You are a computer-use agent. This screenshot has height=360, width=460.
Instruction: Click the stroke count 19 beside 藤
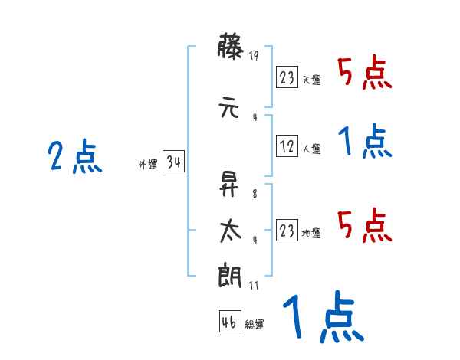[254, 56]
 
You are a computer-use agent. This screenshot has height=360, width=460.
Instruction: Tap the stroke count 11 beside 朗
[254, 285]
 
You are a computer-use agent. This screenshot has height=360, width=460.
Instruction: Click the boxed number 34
[173, 162]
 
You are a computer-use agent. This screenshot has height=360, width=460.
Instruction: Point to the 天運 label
[311, 80]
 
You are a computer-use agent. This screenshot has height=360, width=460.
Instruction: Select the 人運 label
[311, 149]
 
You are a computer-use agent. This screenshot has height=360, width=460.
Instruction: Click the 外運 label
[147, 165]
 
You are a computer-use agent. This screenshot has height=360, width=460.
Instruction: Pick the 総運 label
[255, 325]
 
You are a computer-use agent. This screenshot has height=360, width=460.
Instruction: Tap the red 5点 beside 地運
[365, 224]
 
